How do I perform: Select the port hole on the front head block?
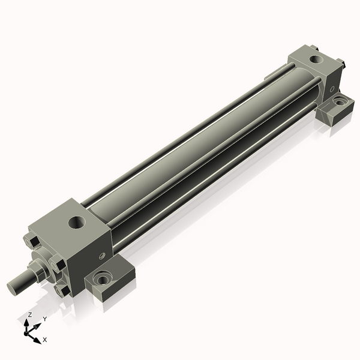point(77,223)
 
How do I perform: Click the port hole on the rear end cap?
point(316,59)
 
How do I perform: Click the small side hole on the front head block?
point(102,256)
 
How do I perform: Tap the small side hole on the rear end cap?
point(332,89)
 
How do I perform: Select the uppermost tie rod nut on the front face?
point(31,241)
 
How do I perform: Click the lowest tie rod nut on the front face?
point(62,290)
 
